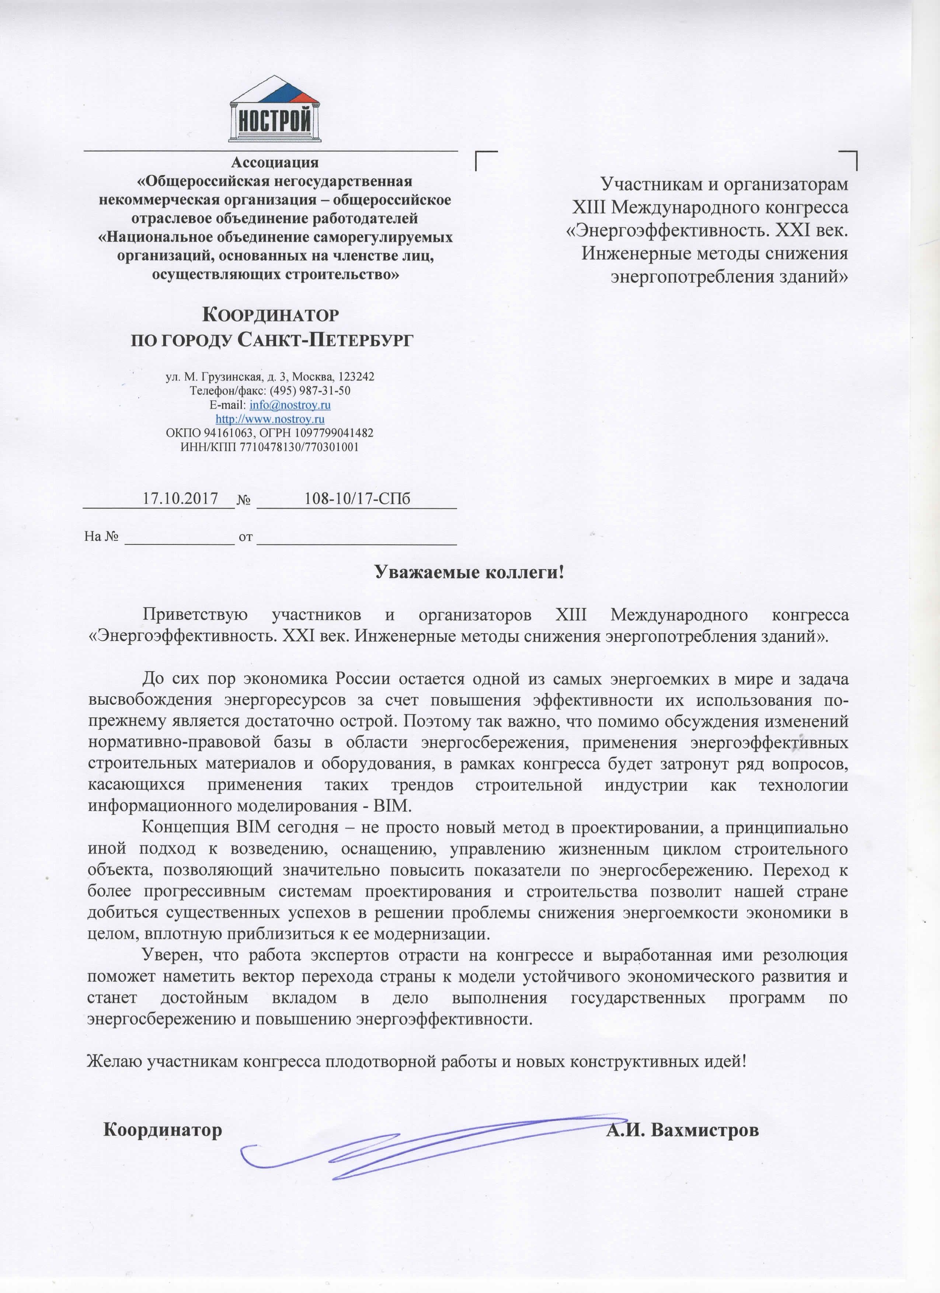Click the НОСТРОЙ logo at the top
(275, 110)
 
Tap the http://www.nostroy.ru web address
(270, 419)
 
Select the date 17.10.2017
(180, 499)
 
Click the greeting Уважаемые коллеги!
(469, 572)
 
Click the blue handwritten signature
(399, 1142)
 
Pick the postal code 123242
(356, 377)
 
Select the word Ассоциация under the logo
(275, 163)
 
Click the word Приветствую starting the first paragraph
(195, 615)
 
